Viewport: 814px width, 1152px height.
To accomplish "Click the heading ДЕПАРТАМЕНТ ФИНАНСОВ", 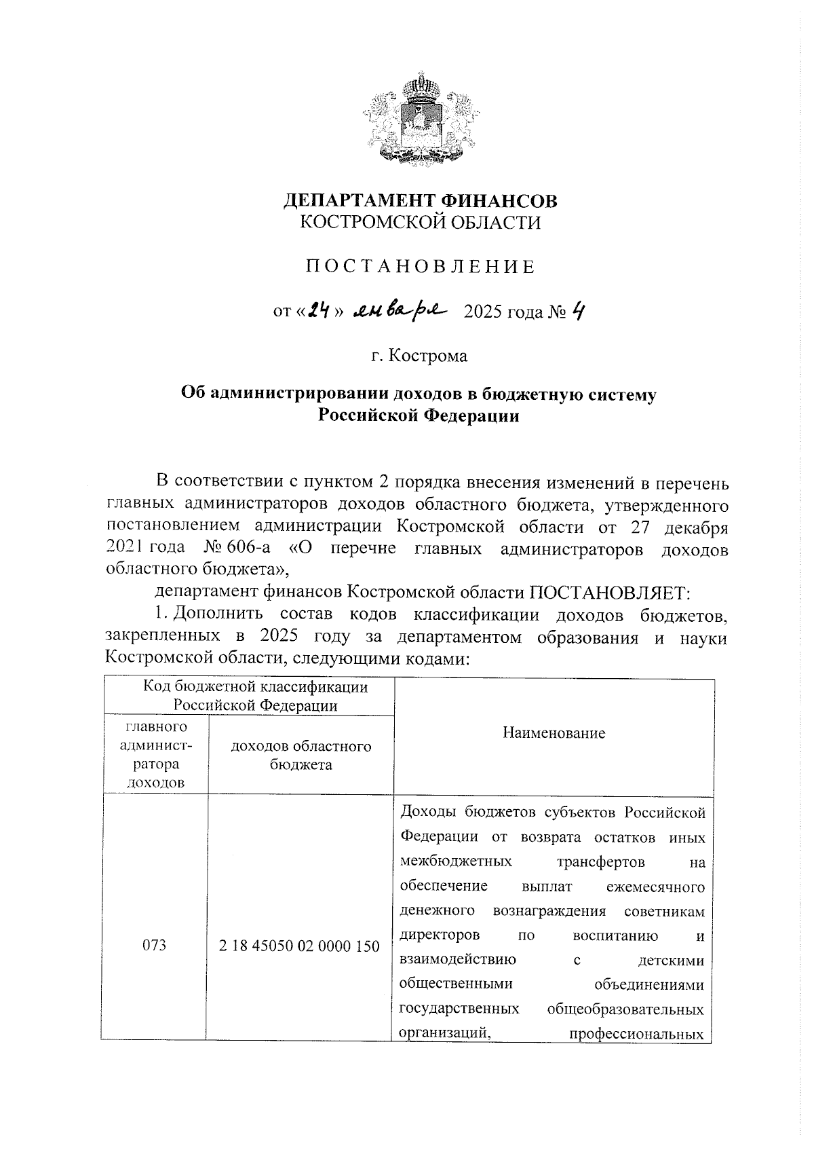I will pyautogui.click(x=421, y=201).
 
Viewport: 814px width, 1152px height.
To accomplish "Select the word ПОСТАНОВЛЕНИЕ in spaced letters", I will pyautogui.click(x=421, y=267).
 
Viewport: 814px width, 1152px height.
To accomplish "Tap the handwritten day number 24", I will pyautogui.click(x=319, y=312).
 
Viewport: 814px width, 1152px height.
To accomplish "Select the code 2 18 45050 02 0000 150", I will pyautogui.click(x=299, y=946).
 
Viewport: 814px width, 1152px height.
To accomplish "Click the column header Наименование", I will pyautogui.click(x=554, y=733).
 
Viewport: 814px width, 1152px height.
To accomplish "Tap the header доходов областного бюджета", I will pyautogui.click(x=301, y=756).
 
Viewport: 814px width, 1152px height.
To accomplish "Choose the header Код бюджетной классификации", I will pyautogui.click(x=255, y=687).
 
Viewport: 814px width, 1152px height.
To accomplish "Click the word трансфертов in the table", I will pyautogui.click(x=600, y=862).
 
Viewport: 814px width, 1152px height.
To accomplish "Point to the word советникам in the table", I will pyautogui.click(x=664, y=911).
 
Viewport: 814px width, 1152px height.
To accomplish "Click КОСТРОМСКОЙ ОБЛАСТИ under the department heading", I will pyautogui.click(x=421, y=223).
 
